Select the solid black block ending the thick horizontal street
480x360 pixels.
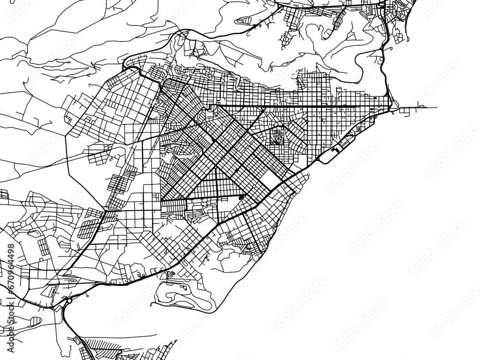(241, 196)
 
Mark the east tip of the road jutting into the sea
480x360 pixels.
(436, 107)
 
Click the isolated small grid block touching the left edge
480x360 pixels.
(4, 194)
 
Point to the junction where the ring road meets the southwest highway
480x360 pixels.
(104, 210)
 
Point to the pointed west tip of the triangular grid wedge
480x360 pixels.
(162, 199)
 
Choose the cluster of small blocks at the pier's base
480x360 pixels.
(408, 110)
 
